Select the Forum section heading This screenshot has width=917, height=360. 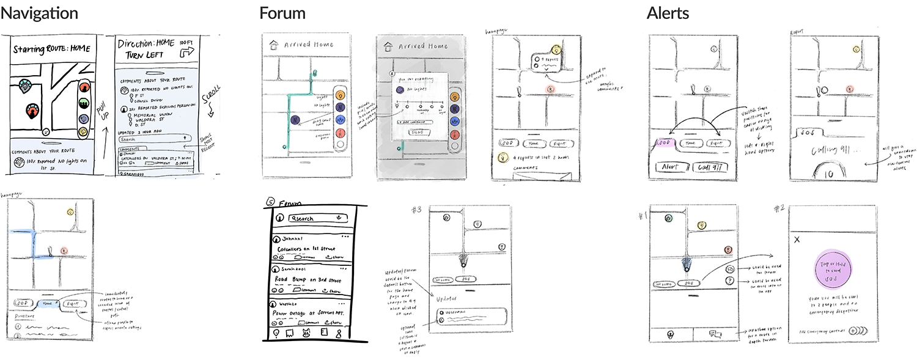(282, 13)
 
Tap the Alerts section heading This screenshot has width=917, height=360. (669, 13)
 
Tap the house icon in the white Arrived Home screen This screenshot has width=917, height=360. (273, 45)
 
